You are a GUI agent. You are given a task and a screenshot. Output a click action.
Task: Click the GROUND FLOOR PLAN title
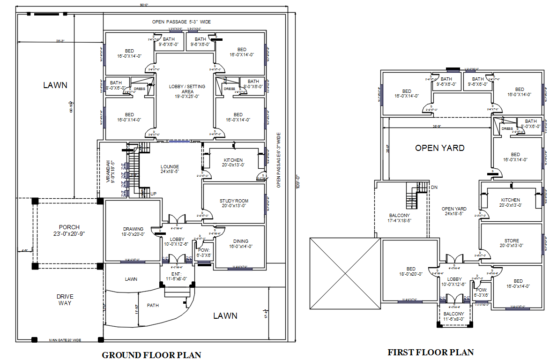click(x=151, y=355)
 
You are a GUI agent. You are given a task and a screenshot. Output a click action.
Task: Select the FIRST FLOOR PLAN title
click(x=431, y=352)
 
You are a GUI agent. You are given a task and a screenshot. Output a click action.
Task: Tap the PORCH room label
click(x=69, y=230)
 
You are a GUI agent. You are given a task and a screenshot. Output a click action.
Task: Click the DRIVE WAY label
click(x=65, y=300)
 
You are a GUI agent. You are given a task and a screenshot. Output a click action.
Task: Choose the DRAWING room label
click(x=134, y=232)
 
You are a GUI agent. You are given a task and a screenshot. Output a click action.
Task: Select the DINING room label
click(x=241, y=244)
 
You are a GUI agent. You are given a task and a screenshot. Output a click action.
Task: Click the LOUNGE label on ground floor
click(x=170, y=169)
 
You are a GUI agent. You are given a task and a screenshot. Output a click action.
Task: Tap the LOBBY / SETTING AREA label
click(x=187, y=91)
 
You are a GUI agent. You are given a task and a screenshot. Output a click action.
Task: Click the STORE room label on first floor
click(x=512, y=243)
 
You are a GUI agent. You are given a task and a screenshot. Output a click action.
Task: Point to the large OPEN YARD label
click(x=439, y=148)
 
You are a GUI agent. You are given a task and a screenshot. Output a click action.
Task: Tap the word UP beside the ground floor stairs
click(x=153, y=193)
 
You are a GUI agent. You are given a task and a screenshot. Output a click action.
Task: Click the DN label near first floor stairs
click(x=434, y=187)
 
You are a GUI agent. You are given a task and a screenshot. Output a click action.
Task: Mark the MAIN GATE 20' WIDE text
click(x=65, y=340)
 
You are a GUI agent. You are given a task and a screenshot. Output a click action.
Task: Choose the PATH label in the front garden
click(x=153, y=305)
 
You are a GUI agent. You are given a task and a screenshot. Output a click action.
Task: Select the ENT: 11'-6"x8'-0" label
click(x=176, y=276)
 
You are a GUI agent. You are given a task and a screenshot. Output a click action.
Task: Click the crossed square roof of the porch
click(x=345, y=273)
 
